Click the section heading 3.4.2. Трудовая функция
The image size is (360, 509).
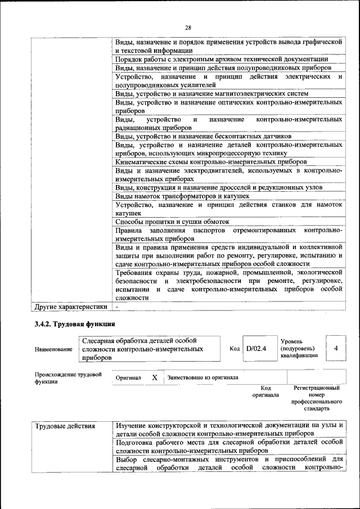click(75, 325)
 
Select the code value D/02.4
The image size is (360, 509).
click(256, 349)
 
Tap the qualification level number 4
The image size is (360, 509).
click(336, 348)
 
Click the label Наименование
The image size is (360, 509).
click(53, 349)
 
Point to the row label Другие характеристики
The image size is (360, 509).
click(70, 307)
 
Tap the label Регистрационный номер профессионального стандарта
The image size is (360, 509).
click(317, 399)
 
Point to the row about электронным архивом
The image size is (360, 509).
click(222, 58)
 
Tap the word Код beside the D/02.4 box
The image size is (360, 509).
click(235, 349)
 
